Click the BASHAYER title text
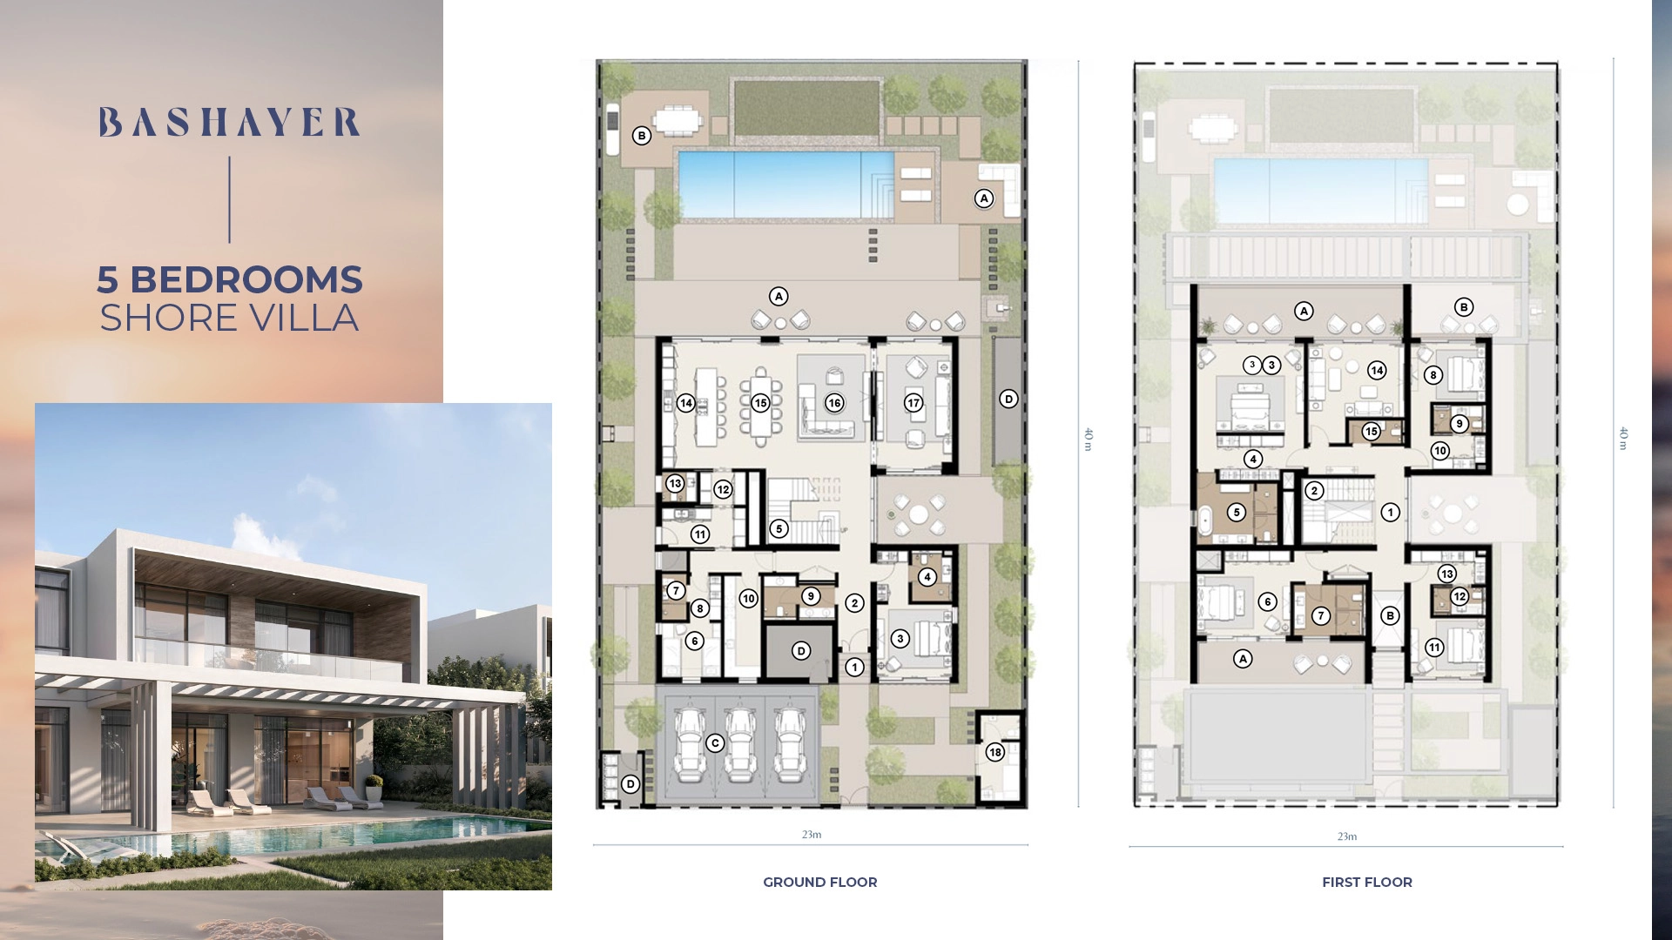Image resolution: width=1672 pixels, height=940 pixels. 229,123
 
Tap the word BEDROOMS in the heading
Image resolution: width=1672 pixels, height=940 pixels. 246,279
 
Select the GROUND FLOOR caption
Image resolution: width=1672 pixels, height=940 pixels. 820,882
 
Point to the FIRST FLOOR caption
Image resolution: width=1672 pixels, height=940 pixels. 1367,882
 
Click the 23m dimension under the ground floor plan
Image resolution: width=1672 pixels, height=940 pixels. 812,834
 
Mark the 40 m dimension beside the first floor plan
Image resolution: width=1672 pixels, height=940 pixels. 1623,439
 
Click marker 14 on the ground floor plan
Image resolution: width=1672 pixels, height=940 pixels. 686,403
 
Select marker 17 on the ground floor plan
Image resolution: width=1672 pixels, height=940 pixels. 914,403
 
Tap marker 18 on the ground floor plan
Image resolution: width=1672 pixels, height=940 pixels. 994,752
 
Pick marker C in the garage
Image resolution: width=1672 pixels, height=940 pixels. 715,742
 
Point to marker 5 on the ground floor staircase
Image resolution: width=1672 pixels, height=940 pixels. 779,528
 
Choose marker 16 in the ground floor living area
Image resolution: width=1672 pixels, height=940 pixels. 834,403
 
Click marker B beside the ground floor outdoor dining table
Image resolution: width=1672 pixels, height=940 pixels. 642,136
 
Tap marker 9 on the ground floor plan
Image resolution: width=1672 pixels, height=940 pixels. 811,596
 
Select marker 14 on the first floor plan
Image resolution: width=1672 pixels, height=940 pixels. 1377,370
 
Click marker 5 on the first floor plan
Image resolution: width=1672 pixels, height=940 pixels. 1237,513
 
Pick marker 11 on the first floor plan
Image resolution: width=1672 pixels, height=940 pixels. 1434,647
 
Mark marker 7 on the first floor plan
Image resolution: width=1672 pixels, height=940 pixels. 1321,615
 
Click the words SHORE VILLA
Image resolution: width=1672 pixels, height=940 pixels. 229,319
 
